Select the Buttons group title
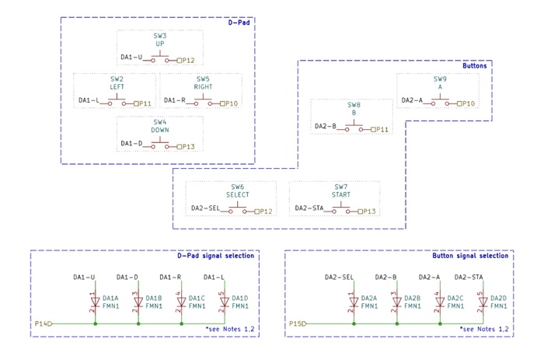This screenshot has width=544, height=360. pyautogui.click(x=473, y=66)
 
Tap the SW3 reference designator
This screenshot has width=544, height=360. pyautogui.click(x=160, y=36)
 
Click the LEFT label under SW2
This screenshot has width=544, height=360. pyautogui.click(x=117, y=86)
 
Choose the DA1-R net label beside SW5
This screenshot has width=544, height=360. pyautogui.click(x=173, y=101)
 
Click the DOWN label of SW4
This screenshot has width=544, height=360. pyautogui.click(x=160, y=130)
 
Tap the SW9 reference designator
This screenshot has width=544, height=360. pyautogui.click(x=441, y=79)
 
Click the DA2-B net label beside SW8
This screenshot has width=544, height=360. pyautogui.click(x=326, y=126)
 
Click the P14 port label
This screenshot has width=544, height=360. pyautogui.click(x=41, y=322)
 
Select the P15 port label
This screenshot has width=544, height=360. pyautogui.click(x=296, y=322)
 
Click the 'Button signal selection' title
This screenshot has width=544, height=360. pyautogui.click(x=471, y=255)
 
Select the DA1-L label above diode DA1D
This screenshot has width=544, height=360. pyautogui.click(x=214, y=277)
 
